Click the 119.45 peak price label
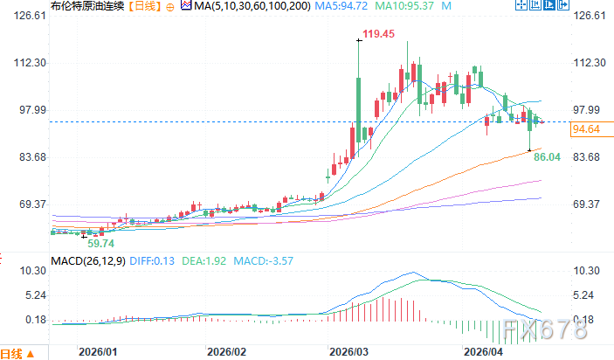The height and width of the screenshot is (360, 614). tap(380, 34)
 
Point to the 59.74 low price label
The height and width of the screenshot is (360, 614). tap(101, 244)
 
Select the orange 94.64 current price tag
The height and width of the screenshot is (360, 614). tap(585, 130)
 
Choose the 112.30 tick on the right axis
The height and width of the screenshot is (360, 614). tap(587, 64)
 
